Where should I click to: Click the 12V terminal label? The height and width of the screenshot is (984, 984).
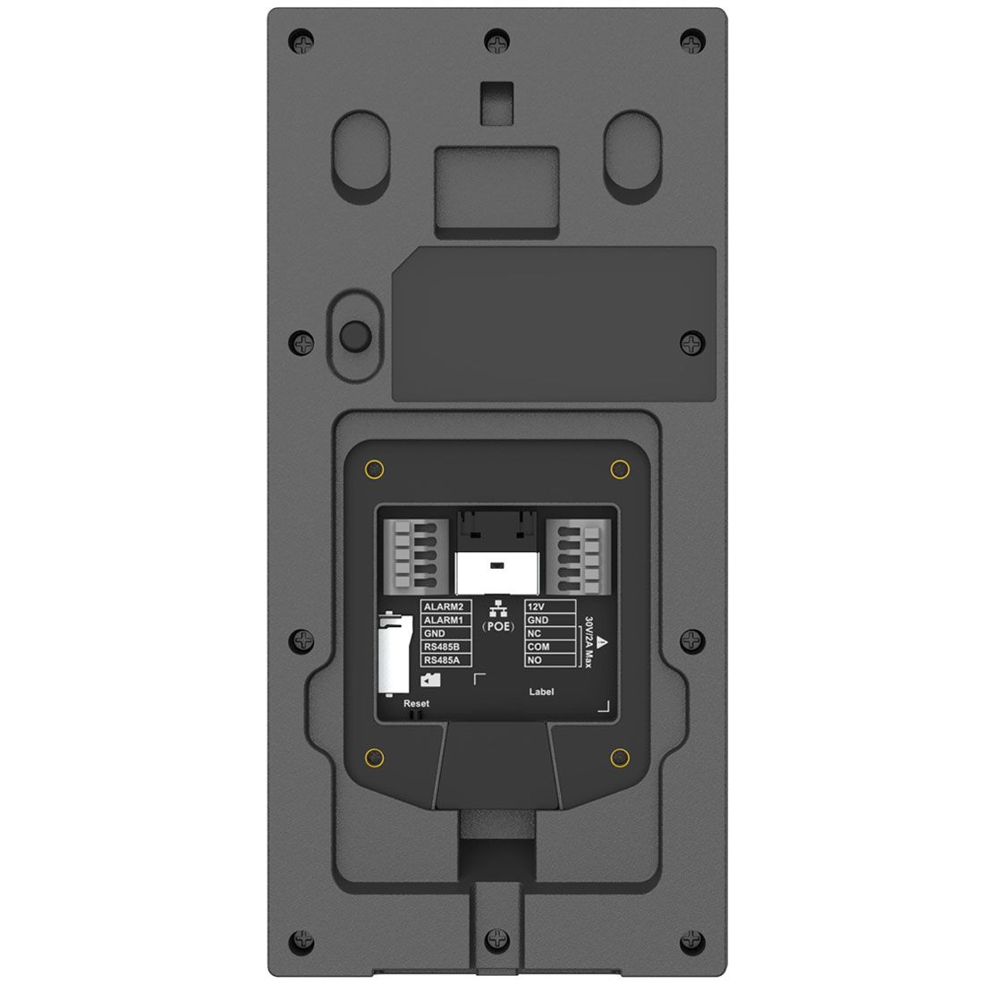pos(537,607)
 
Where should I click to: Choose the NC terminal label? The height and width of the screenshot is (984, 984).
pos(535,633)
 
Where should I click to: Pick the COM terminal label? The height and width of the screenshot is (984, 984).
pos(538,647)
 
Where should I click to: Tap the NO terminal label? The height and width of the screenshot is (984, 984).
pos(535,660)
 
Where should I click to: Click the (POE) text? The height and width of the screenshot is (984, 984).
pos(498,626)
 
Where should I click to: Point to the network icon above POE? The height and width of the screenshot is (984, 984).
pos(498,607)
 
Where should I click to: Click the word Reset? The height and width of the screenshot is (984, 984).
pos(417,703)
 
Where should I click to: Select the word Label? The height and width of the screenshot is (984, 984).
pos(541,691)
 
